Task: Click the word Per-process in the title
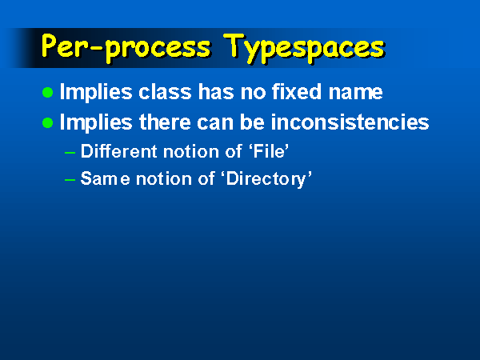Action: (126, 47)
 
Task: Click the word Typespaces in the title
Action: (304, 48)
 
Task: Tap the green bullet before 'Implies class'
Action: (47, 92)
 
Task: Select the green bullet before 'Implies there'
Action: (47, 122)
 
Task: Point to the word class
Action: (165, 91)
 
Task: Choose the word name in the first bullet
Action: (355, 93)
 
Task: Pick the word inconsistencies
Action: (350, 122)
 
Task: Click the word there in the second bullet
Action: (165, 122)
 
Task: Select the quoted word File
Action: (269, 151)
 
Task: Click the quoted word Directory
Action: (269, 179)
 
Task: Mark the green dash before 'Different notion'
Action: (70, 152)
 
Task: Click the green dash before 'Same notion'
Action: (70, 180)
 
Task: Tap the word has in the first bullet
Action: (216, 91)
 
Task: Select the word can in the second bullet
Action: (215, 123)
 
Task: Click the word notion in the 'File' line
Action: (191, 151)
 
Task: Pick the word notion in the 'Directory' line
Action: (164, 178)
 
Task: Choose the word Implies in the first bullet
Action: (96, 93)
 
